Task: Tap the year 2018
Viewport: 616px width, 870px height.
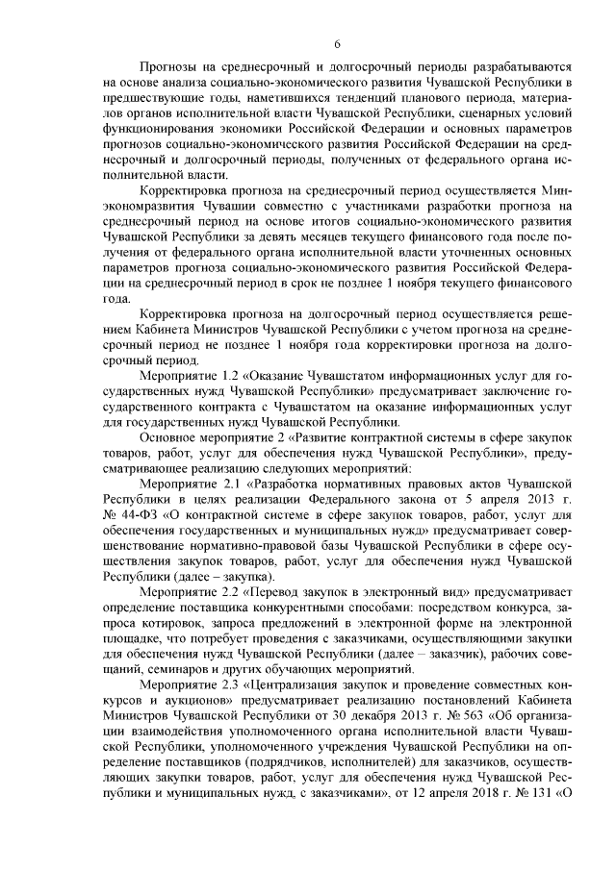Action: tap(476, 793)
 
